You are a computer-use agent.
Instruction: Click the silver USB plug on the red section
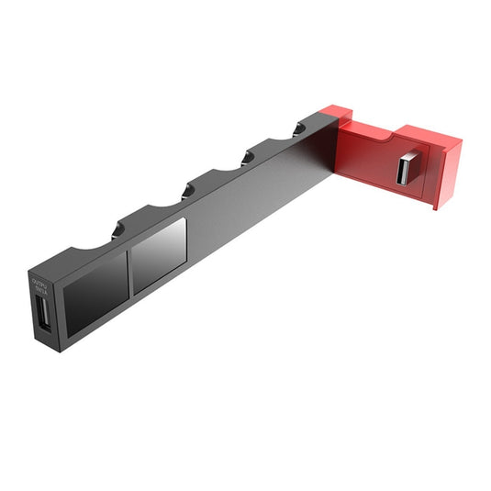pos(407,170)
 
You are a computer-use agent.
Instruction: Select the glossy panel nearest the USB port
pos(95,288)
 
